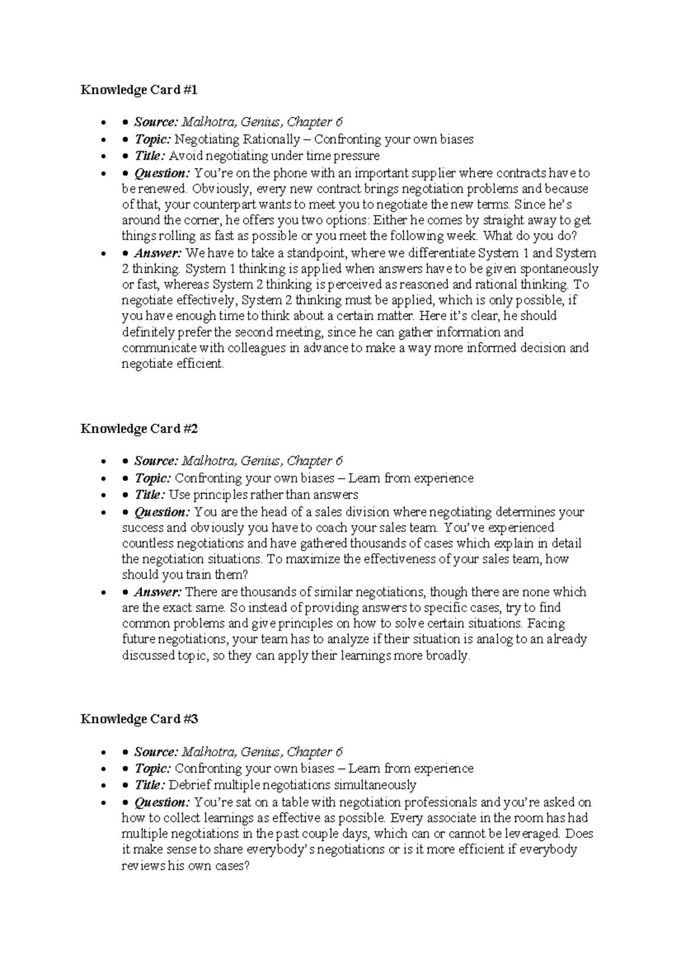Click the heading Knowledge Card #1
click(x=139, y=90)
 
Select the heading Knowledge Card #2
click(x=139, y=429)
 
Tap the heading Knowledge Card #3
click(x=139, y=719)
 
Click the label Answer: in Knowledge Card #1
click(x=158, y=253)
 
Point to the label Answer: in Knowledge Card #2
click(x=158, y=592)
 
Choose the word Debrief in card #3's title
click(x=190, y=786)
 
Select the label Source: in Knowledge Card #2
click(x=156, y=461)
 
